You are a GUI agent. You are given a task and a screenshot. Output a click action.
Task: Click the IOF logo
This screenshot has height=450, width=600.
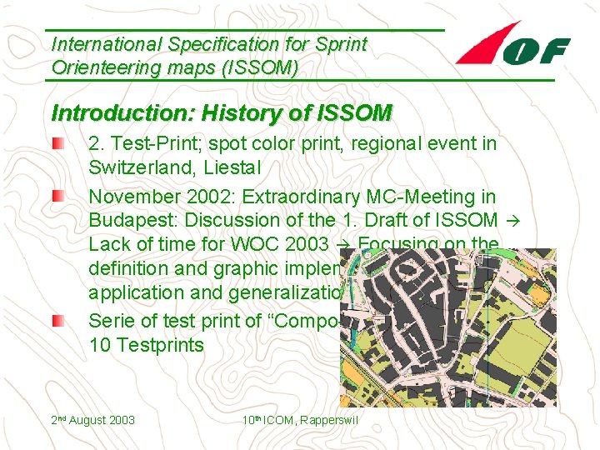[x=512, y=47]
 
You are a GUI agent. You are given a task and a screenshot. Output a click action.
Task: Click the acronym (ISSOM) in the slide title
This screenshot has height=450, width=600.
[x=254, y=67]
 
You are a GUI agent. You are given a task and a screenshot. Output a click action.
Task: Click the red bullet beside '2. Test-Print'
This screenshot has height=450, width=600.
[x=57, y=144]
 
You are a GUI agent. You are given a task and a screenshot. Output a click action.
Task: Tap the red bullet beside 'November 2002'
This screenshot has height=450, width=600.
[x=57, y=197]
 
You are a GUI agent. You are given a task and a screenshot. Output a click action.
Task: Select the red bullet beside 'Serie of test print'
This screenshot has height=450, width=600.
[x=57, y=322]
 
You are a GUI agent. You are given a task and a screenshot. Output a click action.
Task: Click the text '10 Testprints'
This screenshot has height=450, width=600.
[x=147, y=345]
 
